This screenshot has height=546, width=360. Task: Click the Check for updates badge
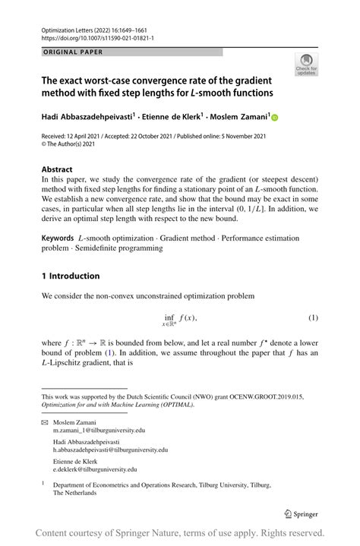click(306, 65)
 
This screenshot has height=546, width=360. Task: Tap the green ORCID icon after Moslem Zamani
click(275, 118)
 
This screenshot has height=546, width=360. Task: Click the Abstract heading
click(58, 169)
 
